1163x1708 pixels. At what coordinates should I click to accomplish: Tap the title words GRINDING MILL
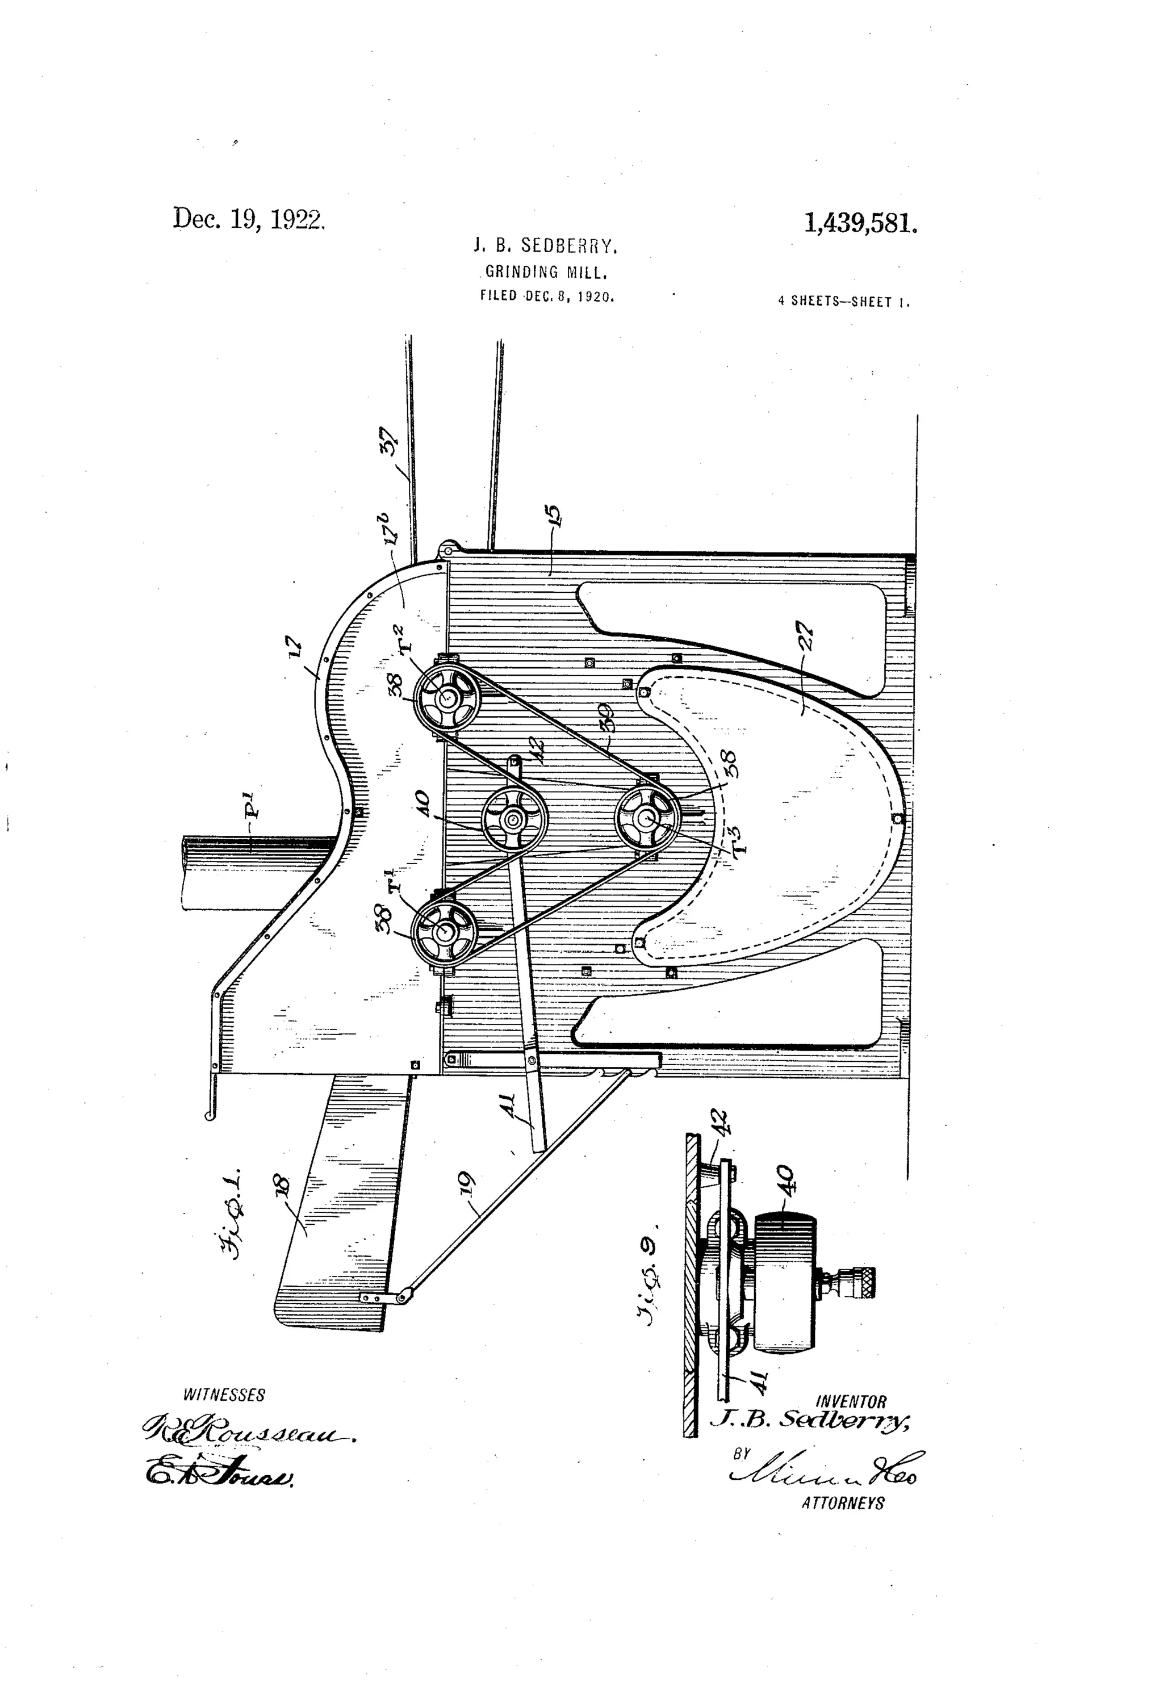pyautogui.click(x=546, y=273)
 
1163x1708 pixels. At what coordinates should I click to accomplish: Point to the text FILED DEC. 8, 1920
pyautogui.click(x=546, y=297)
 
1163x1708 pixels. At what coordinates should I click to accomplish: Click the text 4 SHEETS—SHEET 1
pyautogui.click(x=843, y=302)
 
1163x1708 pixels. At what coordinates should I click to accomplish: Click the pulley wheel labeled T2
pyautogui.click(x=446, y=697)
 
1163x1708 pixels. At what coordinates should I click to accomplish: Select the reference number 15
pyautogui.click(x=554, y=517)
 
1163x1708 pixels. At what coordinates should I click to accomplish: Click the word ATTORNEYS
pyautogui.click(x=843, y=1503)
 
